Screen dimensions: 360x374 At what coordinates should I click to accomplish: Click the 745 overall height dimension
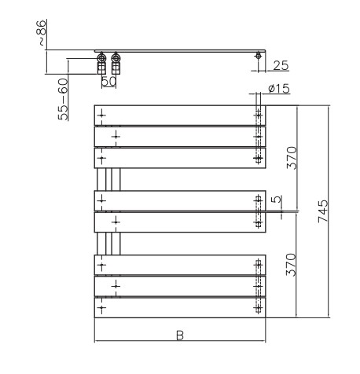[x=323, y=211]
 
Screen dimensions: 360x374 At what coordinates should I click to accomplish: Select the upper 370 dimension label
[x=292, y=158]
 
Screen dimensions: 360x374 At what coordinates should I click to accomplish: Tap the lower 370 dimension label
[x=291, y=265]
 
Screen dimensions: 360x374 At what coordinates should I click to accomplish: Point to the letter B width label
[x=180, y=335]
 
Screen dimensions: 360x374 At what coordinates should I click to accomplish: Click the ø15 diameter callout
[x=279, y=89]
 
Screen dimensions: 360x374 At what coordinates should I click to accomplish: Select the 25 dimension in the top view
[x=281, y=66]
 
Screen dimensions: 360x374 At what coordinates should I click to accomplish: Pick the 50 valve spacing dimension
[x=108, y=81]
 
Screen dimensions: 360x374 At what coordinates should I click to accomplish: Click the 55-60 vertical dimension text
[x=63, y=100]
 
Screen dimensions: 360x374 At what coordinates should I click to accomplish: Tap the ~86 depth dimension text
[x=41, y=33]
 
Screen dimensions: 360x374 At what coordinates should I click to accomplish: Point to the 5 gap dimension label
[x=276, y=200]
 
